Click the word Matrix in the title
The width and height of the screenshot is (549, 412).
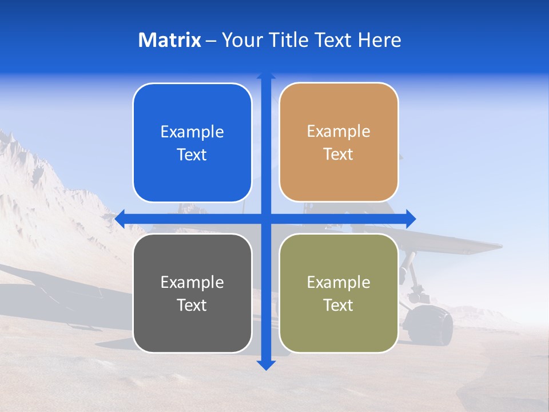pyautogui.click(x=170, y=40)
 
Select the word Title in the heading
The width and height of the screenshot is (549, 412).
pyautogui.click(x=290, y=40)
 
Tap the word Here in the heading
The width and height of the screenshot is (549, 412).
pyautogui.click(x=380, y=40)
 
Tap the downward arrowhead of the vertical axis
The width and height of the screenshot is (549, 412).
pyautogui.click(x=266, y=365)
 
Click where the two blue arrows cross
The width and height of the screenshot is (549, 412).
pyautogui.click(x=266, y=219)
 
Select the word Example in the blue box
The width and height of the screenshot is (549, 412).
pyautogui.click(x=192, y=132)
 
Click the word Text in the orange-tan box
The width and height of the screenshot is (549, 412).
pyautogui.click(x=339, y=154)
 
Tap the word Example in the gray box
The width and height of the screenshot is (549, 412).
pyautogui.click(x=192, y=282)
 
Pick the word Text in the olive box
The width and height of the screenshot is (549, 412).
pyautogui.click(x=339, y=305)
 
